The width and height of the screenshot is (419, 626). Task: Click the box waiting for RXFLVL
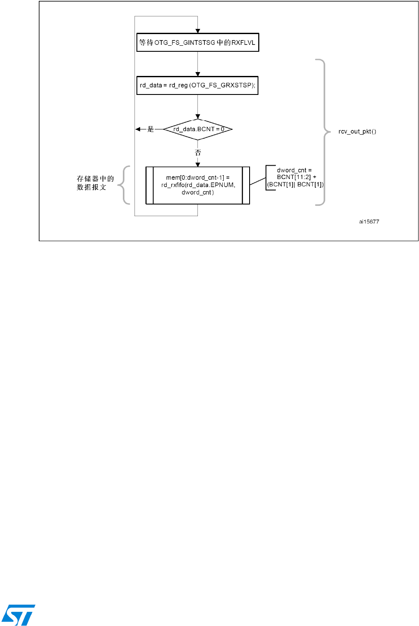pos(197,42)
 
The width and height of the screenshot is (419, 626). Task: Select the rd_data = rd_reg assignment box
pos(197,85)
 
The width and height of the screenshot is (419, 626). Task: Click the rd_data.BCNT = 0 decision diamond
pos(198,129)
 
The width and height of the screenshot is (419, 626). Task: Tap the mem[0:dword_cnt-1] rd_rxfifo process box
pos(198,185)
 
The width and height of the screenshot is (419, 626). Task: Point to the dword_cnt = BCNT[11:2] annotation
pos(295,177)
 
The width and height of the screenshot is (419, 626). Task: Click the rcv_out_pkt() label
pos(357,132)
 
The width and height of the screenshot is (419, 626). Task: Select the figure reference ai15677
pos(369,222)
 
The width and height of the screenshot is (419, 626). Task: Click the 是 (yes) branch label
pos(150,129)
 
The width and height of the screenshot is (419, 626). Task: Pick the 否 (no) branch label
pos(198,153)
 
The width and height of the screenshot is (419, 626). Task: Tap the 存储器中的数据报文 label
pos(95,183)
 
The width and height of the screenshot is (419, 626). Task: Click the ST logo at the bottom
pos(18,615)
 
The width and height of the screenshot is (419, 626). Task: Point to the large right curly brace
pos(323,132)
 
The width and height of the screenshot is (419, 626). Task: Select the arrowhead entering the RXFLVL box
pos(198,31)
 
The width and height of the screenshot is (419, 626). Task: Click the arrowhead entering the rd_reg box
pos(198,74)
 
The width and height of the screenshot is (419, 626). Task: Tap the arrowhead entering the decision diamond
pos(198,116)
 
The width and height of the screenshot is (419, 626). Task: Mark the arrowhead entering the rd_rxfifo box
pos(198,164)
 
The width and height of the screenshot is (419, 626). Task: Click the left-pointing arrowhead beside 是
pos(138,129)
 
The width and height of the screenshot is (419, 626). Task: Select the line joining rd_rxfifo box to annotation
pos(258,182)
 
